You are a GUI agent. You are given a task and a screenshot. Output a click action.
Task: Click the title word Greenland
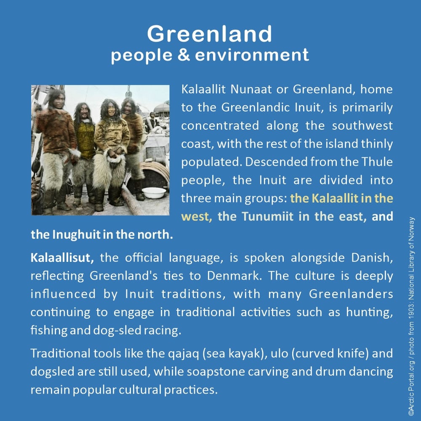[x=209, y=34]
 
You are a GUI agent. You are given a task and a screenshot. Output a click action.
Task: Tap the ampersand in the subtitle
[x=184, y=54]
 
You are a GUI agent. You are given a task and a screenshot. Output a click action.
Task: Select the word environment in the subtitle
[x=252, y=55]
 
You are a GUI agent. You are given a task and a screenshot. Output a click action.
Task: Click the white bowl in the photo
[x=154, y=192]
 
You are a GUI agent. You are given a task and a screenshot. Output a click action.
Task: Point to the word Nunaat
[x=251, y=89]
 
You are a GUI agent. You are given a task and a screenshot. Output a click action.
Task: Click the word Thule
[x=377, y=162]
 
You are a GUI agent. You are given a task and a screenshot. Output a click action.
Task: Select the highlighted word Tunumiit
[x=267, y=216]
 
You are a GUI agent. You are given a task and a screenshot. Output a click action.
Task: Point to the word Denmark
[x=234, y=276]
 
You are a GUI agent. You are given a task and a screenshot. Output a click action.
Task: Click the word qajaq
[x=184, y=354]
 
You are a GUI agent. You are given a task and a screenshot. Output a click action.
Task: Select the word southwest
[x=362, y=125]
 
